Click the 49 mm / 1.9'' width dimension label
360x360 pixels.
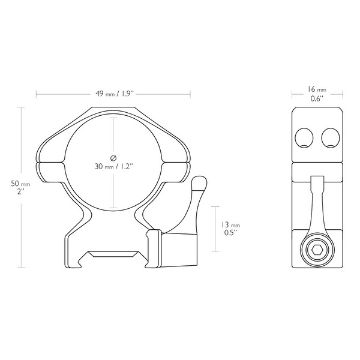115,94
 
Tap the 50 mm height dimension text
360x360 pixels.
20,184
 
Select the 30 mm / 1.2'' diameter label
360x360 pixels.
114,166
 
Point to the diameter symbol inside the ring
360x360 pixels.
113,158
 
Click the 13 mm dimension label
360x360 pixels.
230,224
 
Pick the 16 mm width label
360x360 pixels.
317,89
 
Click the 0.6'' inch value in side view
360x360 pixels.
317,98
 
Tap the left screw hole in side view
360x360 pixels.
304,138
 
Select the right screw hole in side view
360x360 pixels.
331,138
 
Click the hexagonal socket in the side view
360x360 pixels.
317,250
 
